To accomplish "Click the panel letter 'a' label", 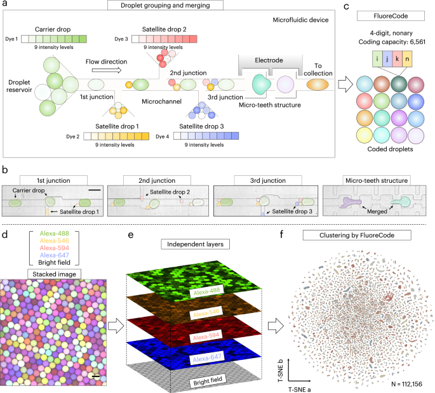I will pos(6,6).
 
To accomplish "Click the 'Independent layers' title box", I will pos(192,226).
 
